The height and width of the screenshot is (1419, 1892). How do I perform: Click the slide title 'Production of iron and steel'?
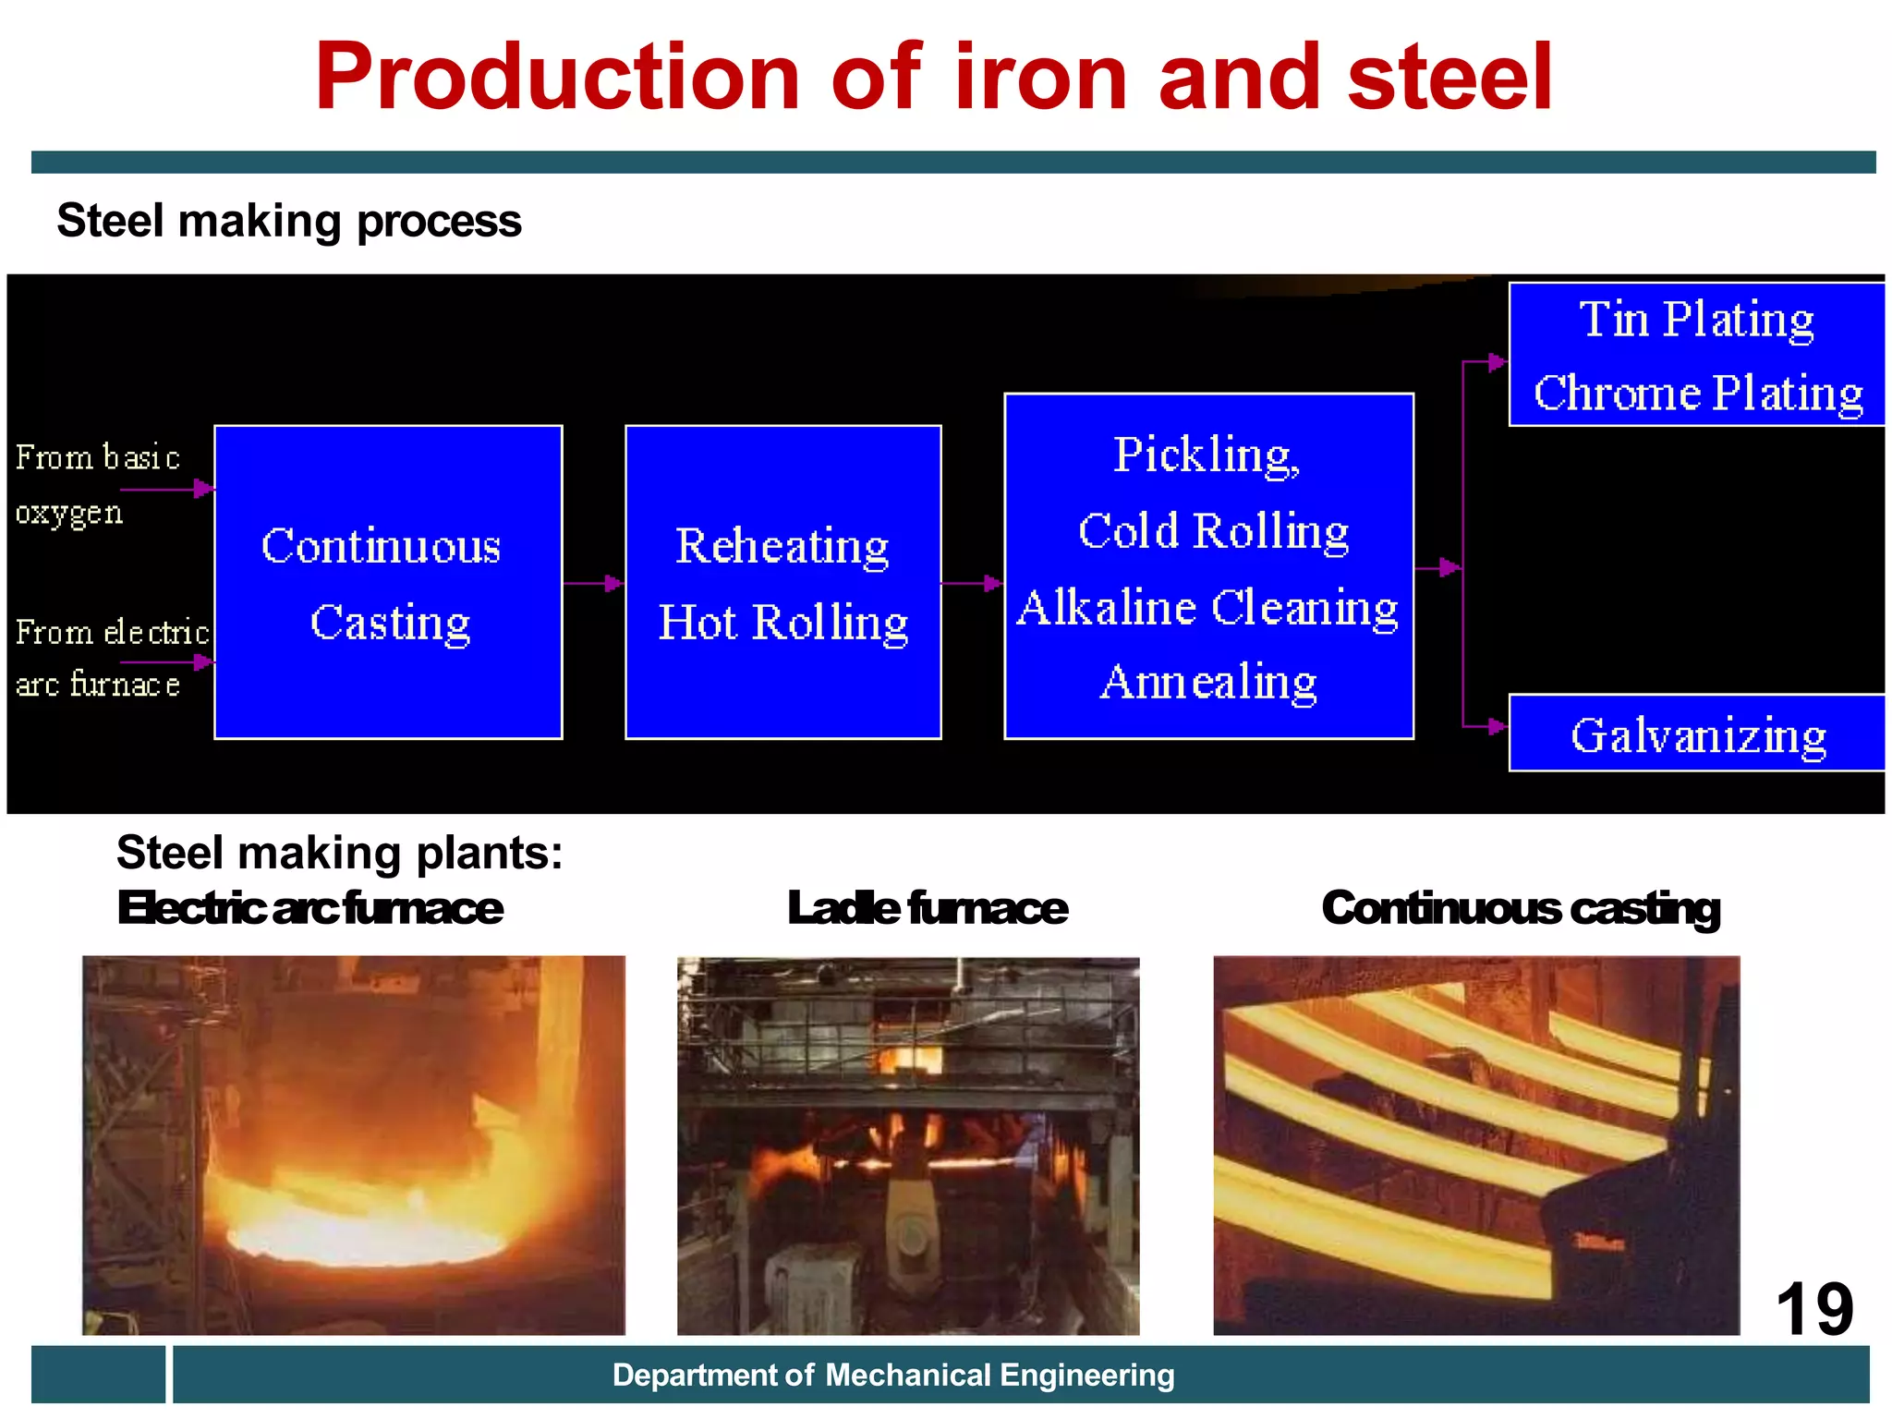(x=933, y=78)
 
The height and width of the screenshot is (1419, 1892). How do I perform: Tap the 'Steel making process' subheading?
(x=289, y=222)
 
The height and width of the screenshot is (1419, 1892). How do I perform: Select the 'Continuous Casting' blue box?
(x=388, y=582)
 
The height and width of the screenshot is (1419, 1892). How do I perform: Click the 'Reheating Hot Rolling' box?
(x=782, y=582)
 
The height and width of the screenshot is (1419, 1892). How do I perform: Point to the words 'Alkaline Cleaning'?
(x=1207, y=609)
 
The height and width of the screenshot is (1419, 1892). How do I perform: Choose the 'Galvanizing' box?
(x=1697, y=735)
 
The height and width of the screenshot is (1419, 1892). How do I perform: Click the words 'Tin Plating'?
(x=1696, y=320)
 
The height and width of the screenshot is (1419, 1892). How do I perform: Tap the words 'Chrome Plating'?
(x=1698, y=394)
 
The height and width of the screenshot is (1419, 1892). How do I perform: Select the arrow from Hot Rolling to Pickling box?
(x=973, y=583)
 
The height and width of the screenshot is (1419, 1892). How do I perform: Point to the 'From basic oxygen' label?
(x=96, y=483)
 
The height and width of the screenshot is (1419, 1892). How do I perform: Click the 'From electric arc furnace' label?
(x=111, y=658)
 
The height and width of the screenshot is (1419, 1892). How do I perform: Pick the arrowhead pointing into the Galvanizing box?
(x=1497, y=726)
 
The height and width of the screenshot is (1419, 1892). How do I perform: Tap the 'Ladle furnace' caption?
(x=928, y=908)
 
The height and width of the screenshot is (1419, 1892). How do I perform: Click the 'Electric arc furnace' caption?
(x=310, y=908)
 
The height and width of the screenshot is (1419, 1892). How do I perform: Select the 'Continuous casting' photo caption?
(x=1521, y=908)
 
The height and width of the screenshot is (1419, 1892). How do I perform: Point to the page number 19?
(x=1814, y=1309)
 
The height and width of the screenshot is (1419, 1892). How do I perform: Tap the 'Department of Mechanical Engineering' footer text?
(x=893, y=1376)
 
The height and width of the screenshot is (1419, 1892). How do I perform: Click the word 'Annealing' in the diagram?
(x=1208, y=683)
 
